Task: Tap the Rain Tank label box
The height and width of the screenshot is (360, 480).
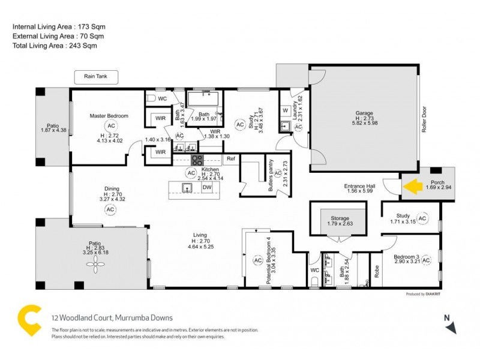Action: pyautogui.click(x=96, y=77)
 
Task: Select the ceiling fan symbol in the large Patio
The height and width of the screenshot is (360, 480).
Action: pyautogui.click(x=95, y=268)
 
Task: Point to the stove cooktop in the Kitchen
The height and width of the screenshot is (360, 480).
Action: pyautogui.click(x=197, y=160)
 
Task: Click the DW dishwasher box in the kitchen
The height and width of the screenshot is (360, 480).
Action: pyautogui.click(x=207, y=188)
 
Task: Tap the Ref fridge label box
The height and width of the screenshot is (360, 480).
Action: pyautogui.click(x=230, y=159)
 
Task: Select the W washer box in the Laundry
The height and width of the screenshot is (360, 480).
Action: pyautogui.click(x=285, y=110)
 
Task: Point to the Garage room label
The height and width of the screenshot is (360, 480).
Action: pyautogui.click(x=364, y=113)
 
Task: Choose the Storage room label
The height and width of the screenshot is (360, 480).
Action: pyautogui.click(x=338, y=218)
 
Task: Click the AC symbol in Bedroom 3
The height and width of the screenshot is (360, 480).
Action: pyautogui.click(x=427, y=260)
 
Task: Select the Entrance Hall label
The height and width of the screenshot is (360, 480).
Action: pyautogui.click(x=360, y=186)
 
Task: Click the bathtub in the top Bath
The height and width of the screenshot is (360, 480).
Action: pyautogui.click(x=204, y=98)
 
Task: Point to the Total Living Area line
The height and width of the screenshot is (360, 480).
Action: pyautogui.click(x=55, y=46)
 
